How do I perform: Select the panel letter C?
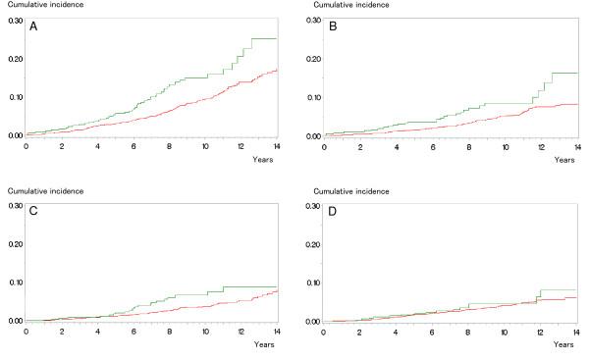point(33,215)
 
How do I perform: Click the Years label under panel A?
point(264,158)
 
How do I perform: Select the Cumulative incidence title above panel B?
point(345,6)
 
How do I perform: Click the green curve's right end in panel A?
point(276,38)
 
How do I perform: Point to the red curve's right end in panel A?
point(276,70)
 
